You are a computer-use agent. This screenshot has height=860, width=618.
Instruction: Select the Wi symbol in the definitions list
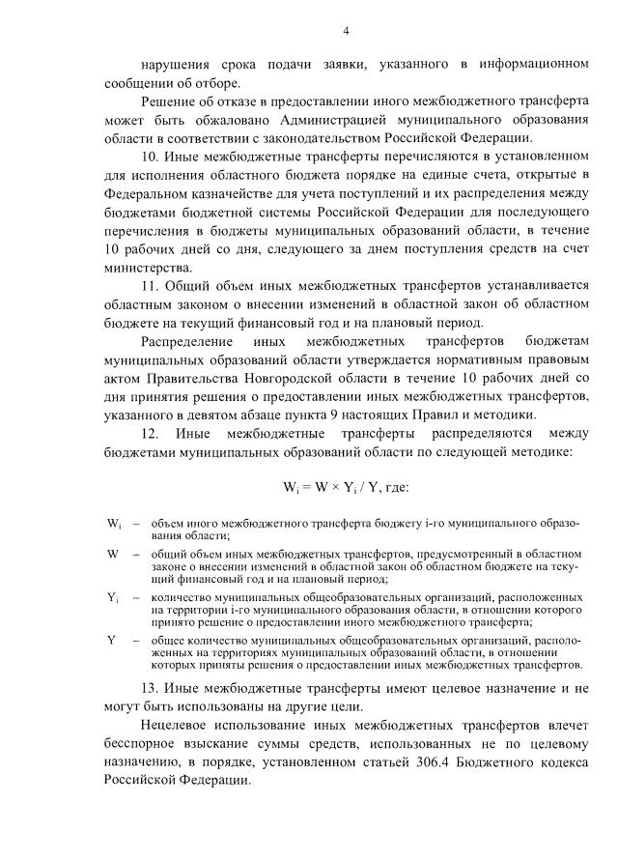tap(113, 525)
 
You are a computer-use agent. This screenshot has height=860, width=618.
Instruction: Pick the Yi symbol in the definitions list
tap(113, 598)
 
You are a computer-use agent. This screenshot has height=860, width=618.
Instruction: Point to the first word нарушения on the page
tap(178, 64)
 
